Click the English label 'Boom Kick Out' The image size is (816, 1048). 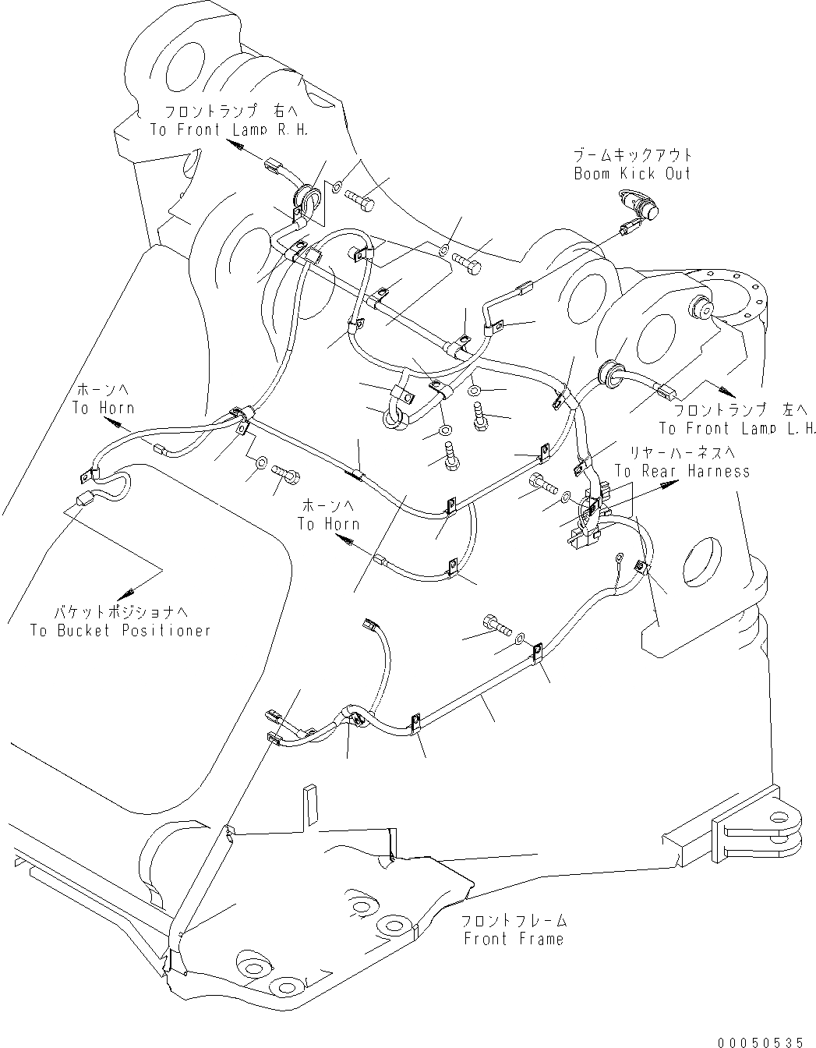pos(632,173)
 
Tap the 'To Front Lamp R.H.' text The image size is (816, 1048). pos(230,129)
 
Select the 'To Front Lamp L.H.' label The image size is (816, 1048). pos(737,428)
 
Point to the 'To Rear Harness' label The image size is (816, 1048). pos(682,471)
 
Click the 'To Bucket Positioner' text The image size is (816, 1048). pos(121,630)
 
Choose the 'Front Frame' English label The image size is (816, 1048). pos(514,939)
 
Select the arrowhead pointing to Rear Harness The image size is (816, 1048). pos(667,484)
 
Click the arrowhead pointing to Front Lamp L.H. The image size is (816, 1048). pos(726,391)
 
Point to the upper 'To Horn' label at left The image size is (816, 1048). pos(103,408)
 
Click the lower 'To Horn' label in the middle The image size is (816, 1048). pos(328,524)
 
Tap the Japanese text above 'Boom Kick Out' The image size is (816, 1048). pos(633,154)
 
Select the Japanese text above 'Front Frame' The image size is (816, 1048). pos(514,921)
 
